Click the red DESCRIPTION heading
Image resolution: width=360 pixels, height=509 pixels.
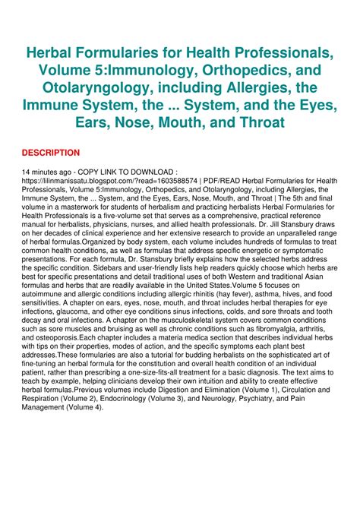pyautogui.click(x=50, y=153)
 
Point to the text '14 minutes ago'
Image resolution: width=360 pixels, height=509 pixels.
pyautogui.click(x=46, y=172)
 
